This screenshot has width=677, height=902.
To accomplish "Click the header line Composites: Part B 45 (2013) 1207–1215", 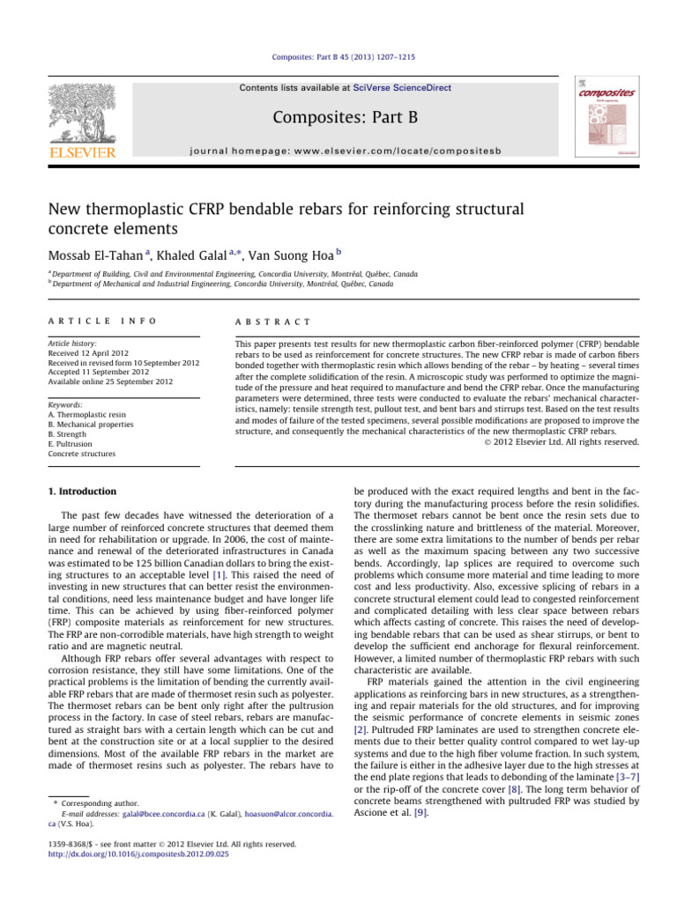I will coord(338,57).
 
